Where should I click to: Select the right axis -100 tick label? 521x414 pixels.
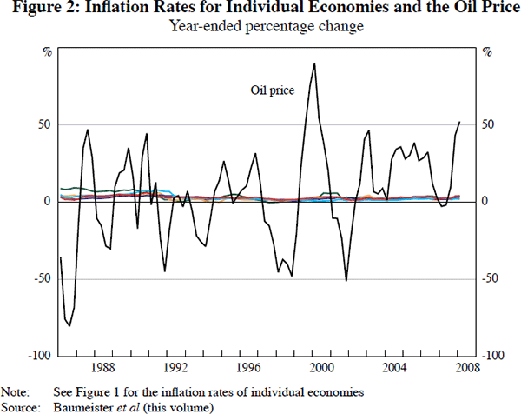pyautogui.click(x=492, y=356)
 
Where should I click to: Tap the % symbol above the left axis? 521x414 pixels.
pyautogui.click(x=47, y=51)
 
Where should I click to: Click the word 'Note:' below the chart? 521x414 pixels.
pyautogui.click(x=15, y=391)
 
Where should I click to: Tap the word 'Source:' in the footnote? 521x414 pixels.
pyautogui.click(x=19, y=406)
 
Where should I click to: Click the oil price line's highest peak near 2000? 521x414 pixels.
pyautogui.click(x=313, y=63)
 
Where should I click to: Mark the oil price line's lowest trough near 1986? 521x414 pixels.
pyautogui.click(x=69, y=326)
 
